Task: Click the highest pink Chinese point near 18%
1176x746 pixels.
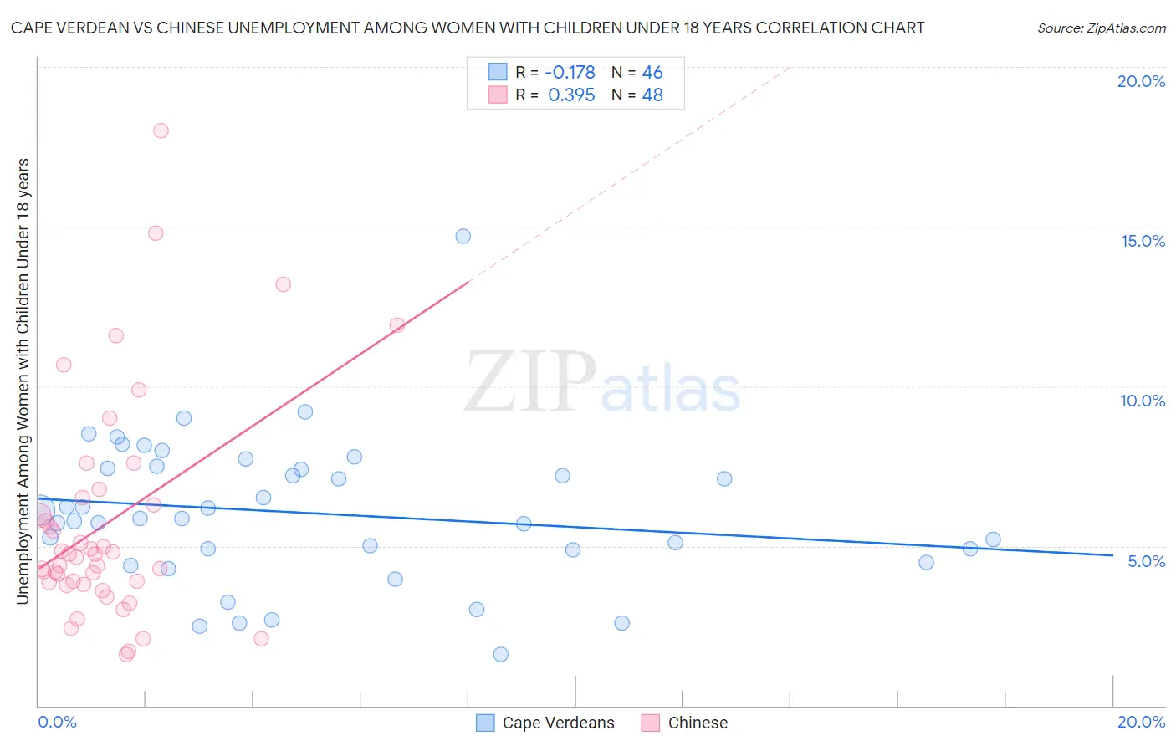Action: tap(161, 130)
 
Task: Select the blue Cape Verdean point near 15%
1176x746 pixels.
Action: tap(463, 236)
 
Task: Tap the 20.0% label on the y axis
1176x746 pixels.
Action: tap(1141, 81)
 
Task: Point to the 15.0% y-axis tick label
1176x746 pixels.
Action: tap(1143, 241)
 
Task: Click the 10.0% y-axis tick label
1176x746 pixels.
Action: tap(1143, 401)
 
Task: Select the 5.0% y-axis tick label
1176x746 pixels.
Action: tap(1146, 561)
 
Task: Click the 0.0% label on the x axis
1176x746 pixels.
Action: tap(57, 722)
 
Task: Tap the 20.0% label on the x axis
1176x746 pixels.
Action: tap(1141, 722)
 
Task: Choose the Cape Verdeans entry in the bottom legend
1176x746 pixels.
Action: tap(558, 723)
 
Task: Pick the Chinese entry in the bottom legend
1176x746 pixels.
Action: tap(698, 723)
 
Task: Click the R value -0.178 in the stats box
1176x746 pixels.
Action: tap(570, 73)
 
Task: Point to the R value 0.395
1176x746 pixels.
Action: tap(571, 95)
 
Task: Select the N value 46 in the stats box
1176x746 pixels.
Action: tap(652, 73)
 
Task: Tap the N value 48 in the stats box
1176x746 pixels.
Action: tap(652, 95)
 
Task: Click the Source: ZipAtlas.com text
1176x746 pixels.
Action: tap(1101, 28)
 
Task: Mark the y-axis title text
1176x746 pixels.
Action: tap(23, 381)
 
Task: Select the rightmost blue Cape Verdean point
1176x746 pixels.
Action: tap(993, 539)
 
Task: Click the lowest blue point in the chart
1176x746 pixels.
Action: tap(500, 654)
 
